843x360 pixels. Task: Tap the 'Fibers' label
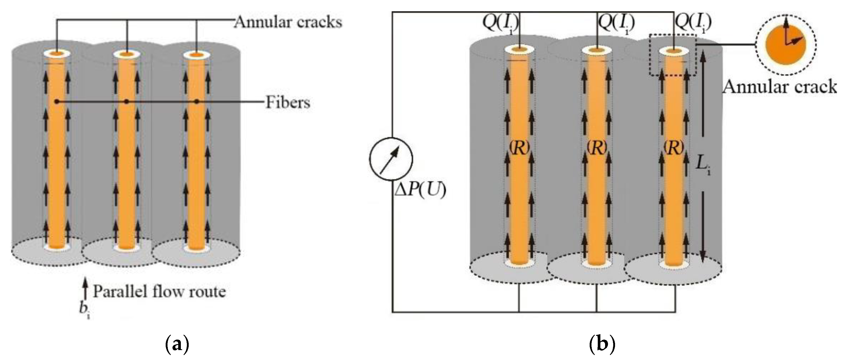(x=287, y=103)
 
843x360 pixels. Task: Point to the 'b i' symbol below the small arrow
(x=85, y=309)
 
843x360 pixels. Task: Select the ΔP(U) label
(x=420, y=190)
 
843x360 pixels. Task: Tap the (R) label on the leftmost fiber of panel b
(x=519, y=148)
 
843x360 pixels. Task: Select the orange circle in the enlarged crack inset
(x=785, y=45)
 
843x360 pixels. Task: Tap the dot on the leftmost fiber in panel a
(x=57, y=102)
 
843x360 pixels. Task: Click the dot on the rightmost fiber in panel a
(x=196, y=102)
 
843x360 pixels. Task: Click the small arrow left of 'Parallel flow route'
(x=85, y=287)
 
